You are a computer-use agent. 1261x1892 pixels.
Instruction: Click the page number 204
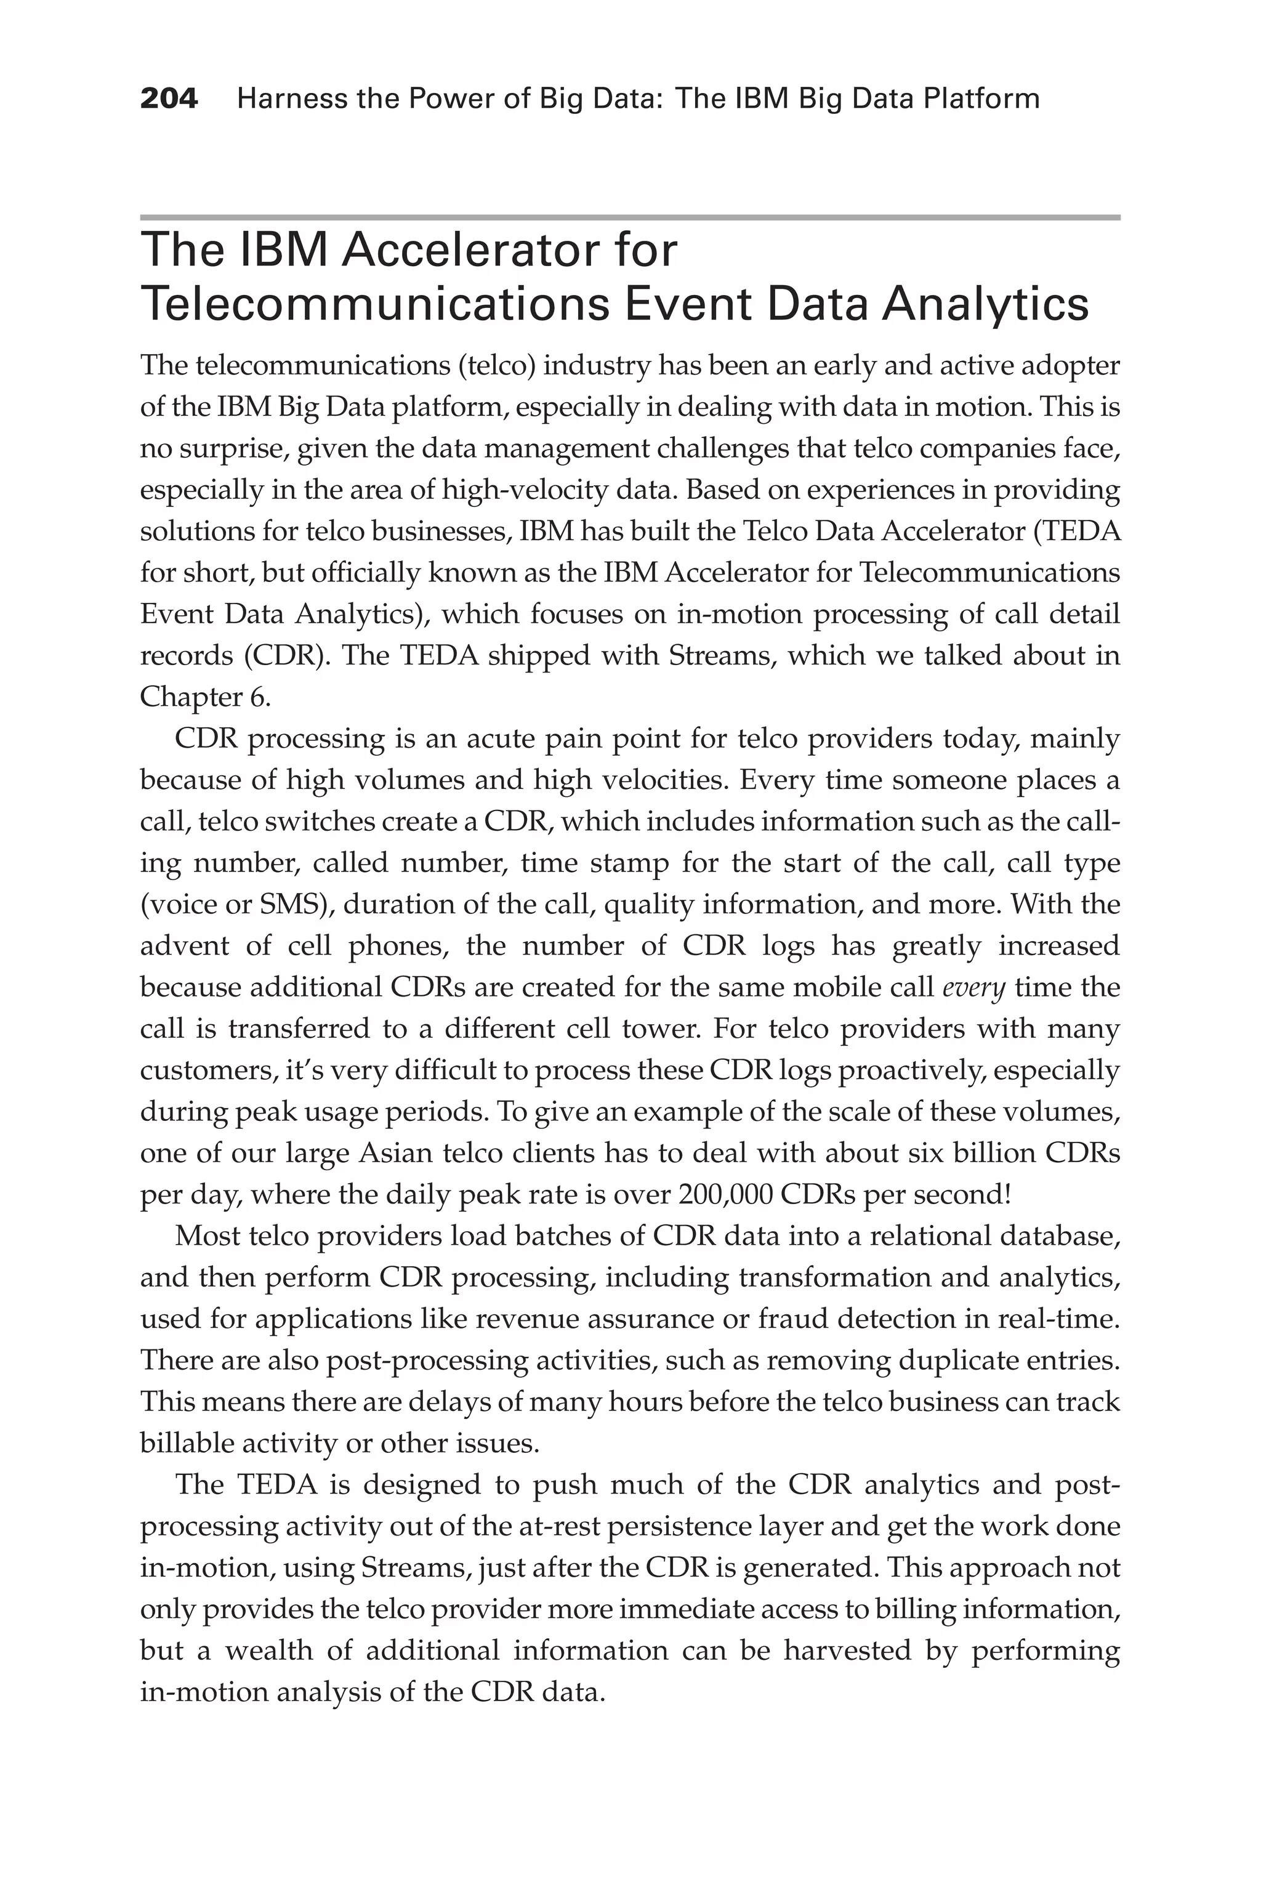[x=169, y=99]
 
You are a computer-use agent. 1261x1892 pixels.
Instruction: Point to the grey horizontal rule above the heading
[x=630, y=217]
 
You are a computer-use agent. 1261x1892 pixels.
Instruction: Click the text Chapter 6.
[x=205, y=697]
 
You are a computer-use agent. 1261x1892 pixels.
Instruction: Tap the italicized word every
[x=973, y=988]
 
